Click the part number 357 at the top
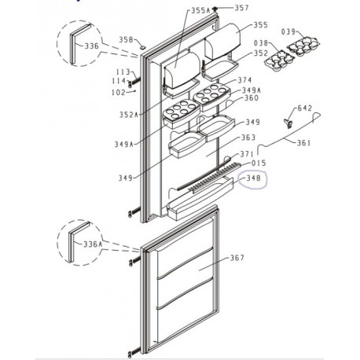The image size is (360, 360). pos(241,9)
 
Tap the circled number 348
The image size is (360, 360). pos(253,180)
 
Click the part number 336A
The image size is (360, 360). pos(94,244)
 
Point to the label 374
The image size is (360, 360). pos(244,81)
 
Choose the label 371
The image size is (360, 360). pos(247,154)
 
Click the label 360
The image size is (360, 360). pos(251,98)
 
